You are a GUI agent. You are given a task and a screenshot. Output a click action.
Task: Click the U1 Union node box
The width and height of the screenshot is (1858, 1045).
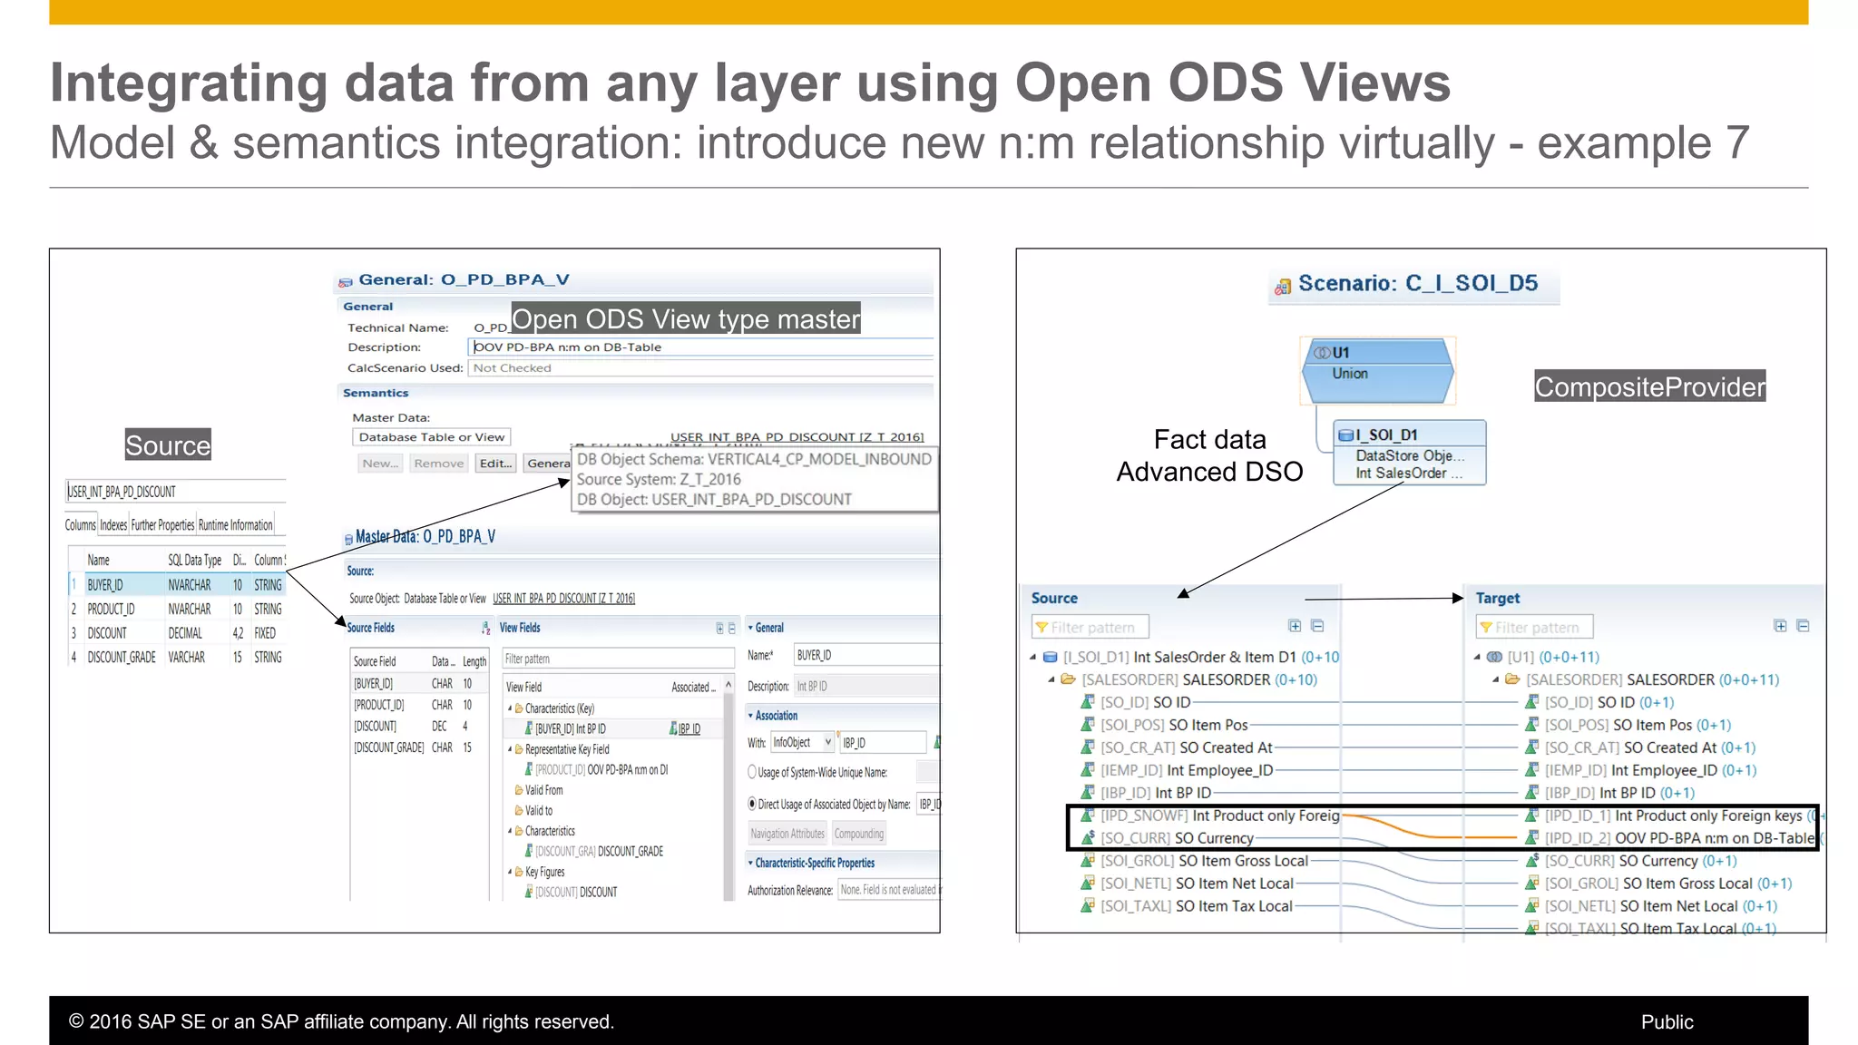click(x=1378, y=370)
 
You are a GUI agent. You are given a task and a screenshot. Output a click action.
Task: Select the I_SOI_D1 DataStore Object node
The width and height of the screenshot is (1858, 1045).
click(x=1409, y=453)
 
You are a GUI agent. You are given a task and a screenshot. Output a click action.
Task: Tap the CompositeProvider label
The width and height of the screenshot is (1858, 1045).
click(x=1649, y=386)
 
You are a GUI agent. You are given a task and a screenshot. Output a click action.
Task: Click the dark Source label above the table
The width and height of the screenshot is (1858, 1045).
click(x=168, y=445)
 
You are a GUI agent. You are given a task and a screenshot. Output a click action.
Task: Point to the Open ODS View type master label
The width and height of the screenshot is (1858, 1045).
click(x=686, y=318)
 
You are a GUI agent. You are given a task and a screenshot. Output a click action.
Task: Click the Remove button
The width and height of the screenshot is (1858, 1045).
click(x=438, y=464)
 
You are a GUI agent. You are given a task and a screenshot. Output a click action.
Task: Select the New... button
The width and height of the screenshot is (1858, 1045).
click(x=380, y=464)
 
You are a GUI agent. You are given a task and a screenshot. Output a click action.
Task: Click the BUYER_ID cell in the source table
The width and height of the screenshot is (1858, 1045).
click(x=105, y=585)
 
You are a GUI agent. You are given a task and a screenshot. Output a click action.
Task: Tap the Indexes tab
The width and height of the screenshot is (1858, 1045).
click(x=113, y=525)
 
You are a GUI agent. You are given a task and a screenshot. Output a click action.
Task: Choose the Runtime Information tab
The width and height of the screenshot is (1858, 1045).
click(x=235, y=525)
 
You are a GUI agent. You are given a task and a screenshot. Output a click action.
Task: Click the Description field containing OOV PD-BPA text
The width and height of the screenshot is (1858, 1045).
click(x=700, y=347)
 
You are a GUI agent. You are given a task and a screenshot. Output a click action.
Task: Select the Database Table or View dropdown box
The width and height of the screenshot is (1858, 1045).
click(x=431, y=437)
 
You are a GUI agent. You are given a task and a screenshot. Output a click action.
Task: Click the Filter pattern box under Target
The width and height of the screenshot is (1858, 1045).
click(x=1535, y=627)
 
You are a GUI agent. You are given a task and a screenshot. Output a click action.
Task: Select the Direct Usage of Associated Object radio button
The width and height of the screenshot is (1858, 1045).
click(x=752, y=804)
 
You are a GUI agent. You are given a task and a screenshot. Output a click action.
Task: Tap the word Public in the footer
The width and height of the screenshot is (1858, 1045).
click(x=1667, y=1021)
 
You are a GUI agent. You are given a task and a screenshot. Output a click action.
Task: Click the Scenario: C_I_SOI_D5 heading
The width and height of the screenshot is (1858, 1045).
click(x=1417, y=283)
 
